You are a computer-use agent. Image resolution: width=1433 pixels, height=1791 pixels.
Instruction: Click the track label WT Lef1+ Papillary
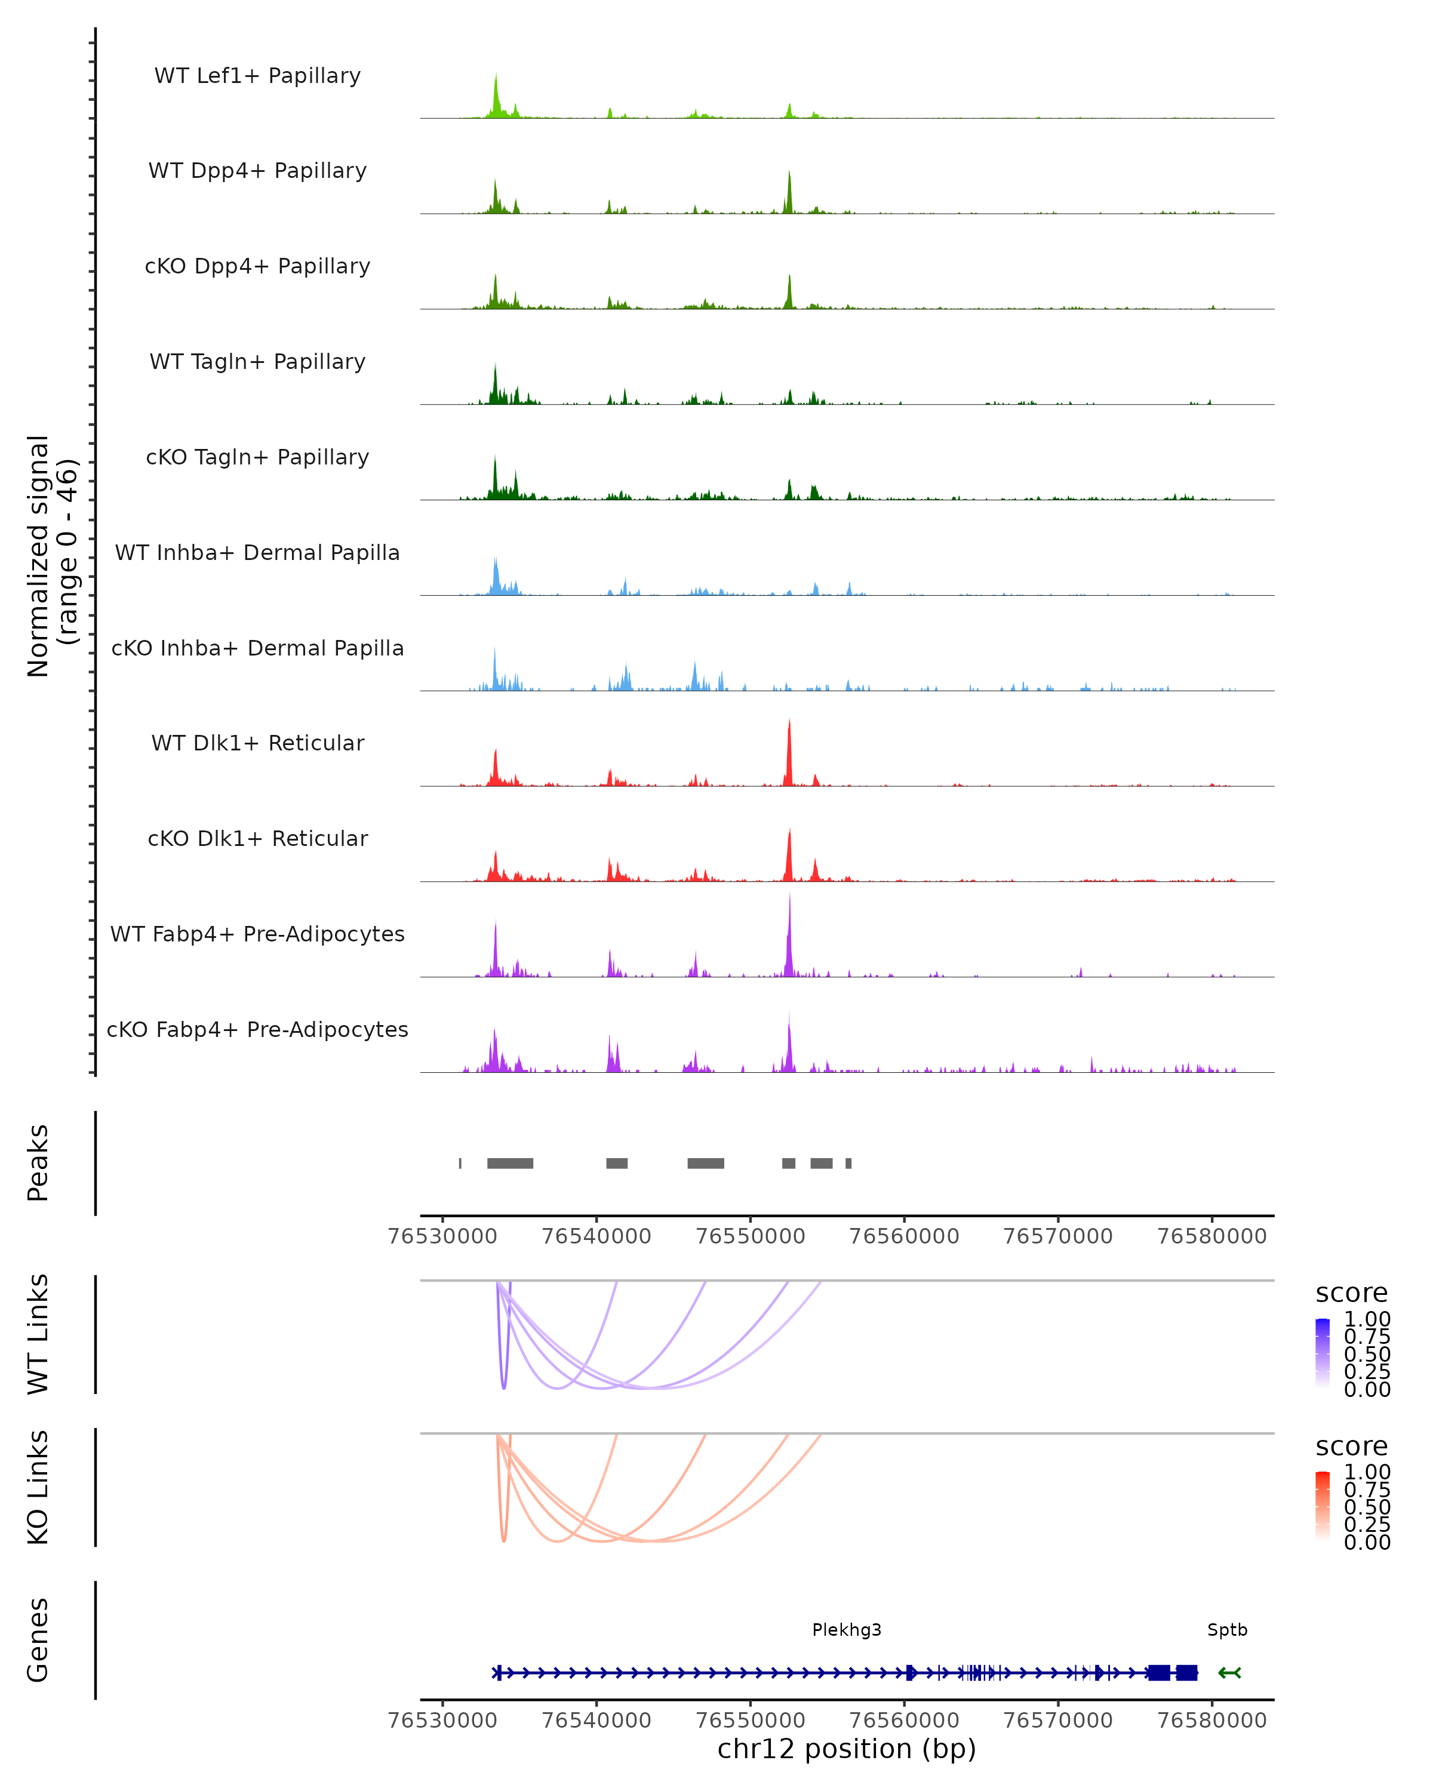257,76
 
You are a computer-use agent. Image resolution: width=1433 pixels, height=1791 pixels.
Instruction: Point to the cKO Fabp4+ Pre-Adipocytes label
257,1029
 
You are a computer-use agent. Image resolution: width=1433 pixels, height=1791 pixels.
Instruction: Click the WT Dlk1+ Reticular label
257,743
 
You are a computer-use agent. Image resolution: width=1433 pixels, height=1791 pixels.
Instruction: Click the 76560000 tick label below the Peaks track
904,1236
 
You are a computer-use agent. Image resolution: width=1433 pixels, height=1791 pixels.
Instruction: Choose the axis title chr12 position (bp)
847,1749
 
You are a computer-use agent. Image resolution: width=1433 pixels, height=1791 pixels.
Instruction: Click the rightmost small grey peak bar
848,1163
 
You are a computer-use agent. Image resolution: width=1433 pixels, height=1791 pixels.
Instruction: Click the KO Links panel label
38,1488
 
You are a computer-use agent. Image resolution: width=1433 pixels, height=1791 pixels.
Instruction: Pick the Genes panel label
38,1641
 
